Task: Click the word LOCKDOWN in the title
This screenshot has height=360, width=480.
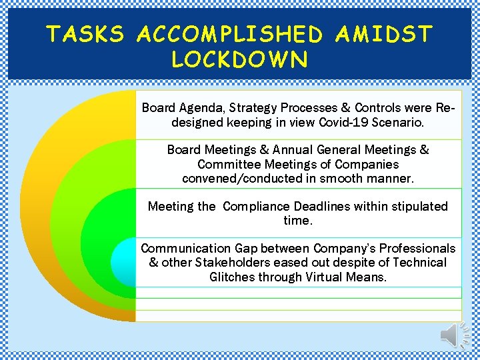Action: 240,59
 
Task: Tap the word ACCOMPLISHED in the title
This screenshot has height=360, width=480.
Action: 230,33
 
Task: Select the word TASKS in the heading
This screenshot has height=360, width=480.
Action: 85,33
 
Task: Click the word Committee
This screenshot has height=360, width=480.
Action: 229,164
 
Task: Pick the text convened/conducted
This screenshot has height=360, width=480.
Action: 234,178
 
